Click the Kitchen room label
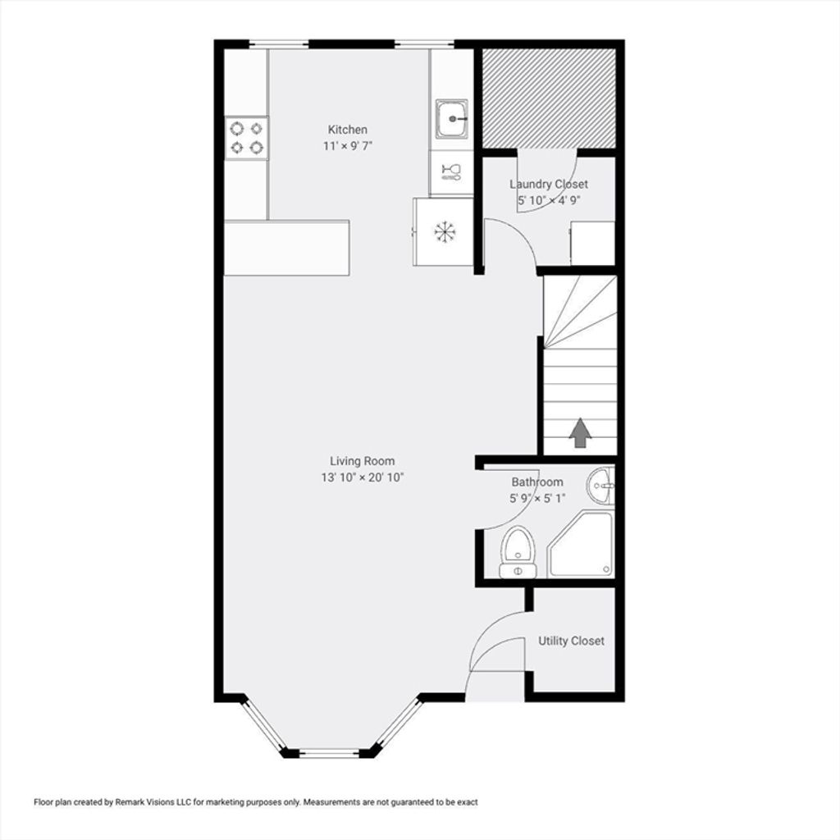(348, 130)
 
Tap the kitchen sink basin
(452, 118)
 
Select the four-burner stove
(246, 138)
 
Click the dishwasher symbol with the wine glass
(451, 172)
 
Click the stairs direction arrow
(580, 432)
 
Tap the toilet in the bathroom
(518, 552)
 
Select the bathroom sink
(600, 486)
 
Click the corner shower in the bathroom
(580, 544)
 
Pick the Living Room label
(362, 461)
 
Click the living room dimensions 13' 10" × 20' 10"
(362, 477)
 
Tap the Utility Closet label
(571, 641)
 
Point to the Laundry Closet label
(549, 185)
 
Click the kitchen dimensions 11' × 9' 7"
(348, 146)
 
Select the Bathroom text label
(537, 482)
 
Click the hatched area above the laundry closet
(549, 98)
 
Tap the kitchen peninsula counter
(286, 248)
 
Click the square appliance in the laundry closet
(592, 243)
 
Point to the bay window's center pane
(329, 753)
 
